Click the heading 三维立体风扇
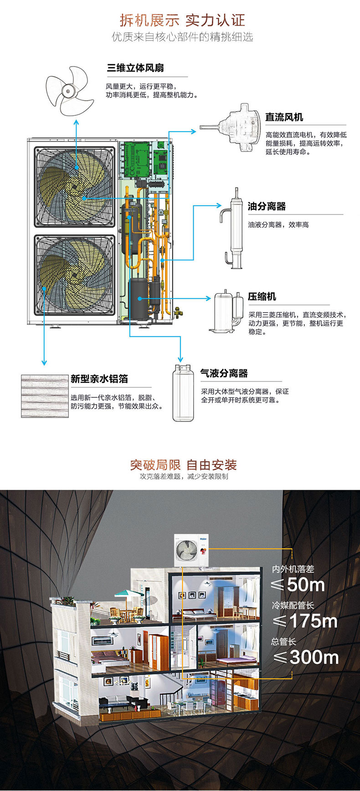[x=135, y=68]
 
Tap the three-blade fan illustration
[x=70, y=90]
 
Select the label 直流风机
[x=284, y=118]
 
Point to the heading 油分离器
[x=267, y=206]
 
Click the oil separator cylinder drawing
[x=235, y=228]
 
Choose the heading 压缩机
[x=262, y=297]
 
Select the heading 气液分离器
[x=224, y=374]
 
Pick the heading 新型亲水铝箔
[x=99, y=379]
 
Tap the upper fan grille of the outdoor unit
[x=75, y=186]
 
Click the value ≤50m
[x=298, y=585]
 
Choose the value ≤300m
[x=305, y=657]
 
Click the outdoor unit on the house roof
[x=191, y=550]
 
